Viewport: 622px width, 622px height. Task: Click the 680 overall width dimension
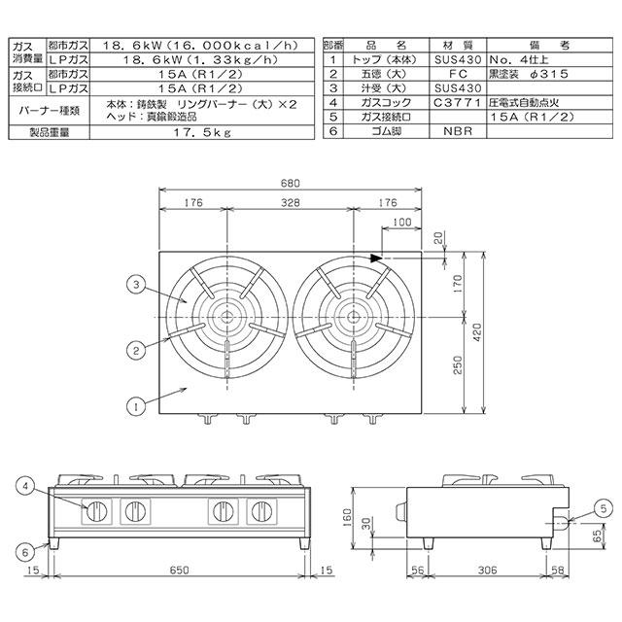pos(290,184)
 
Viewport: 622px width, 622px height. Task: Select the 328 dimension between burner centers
pos(290,203)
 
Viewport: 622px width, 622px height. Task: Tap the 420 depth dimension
pos(477,332)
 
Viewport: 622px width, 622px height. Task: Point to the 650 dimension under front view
pos(179,570)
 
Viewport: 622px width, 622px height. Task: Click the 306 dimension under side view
pos(487,570)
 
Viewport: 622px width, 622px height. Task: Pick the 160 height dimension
pos(346,518)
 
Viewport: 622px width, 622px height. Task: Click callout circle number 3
pos(136,285)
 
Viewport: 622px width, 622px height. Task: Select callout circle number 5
pos(604,508)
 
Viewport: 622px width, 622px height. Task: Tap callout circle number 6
pos(25,552)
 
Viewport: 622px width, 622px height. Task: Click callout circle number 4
pos(25,486)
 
